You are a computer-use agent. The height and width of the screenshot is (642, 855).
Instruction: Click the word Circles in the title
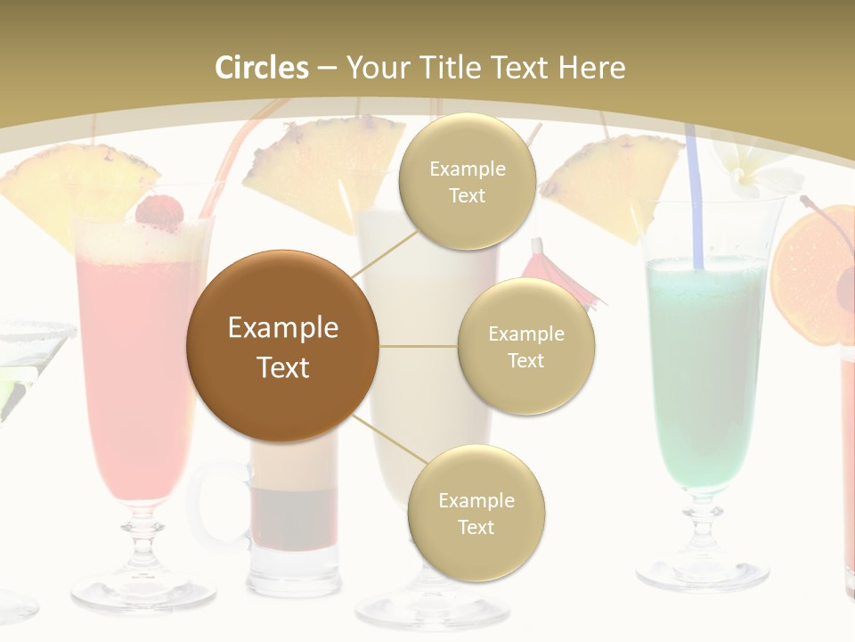pyautogui.click(x=261, y=68)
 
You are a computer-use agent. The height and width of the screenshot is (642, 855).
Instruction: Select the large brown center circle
pyautogui.click(x=282, y=346)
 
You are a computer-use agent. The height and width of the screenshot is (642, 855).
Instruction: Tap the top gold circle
pyautogui.click(x=467, y=181)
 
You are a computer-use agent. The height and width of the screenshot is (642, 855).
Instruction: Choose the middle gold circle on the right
pyautogui.click(x=525, y=346)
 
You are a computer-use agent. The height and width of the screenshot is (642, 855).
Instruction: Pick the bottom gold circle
pyautogui.click(x=476, y=513)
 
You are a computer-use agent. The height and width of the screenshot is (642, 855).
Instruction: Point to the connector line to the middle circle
pyautogui.click(x=419, y=346)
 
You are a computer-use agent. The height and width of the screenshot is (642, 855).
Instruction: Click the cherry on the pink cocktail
pyautogui.click(x=159, y=211)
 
